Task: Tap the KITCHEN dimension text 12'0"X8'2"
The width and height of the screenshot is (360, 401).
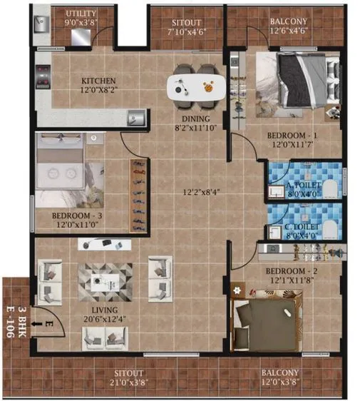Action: click(98, 91)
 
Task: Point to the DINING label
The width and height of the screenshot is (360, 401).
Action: click(195, 119)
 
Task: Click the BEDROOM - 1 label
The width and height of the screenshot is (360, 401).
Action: click(292, 135)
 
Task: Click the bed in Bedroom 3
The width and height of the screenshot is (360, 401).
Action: click(61, 169)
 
